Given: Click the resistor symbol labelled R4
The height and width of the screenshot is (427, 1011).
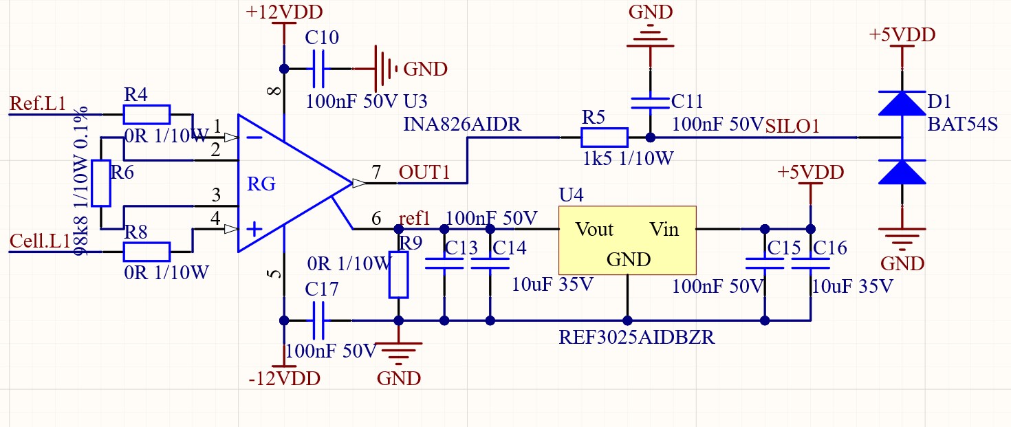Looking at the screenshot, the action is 146,115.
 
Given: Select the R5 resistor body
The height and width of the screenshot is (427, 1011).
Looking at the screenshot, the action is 605,138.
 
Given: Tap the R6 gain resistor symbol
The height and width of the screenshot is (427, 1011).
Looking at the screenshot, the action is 101,184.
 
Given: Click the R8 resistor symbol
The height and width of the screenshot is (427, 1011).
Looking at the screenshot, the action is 146,252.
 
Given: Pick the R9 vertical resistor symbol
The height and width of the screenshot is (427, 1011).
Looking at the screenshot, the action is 398,275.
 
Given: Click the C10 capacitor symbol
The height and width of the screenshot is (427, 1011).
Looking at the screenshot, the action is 318,69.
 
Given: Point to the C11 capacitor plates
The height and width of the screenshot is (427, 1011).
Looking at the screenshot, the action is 650,103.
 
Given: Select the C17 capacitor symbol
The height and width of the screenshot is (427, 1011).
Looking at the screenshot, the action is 318,320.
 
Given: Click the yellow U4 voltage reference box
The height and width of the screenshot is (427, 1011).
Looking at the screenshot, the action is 627,240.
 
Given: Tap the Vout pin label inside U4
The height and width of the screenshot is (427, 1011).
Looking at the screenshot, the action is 594,229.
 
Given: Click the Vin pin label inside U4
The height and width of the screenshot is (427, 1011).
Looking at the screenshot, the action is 664,229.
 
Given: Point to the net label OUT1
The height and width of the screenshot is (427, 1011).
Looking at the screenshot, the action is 424,172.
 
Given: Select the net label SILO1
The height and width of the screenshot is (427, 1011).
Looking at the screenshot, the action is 792,126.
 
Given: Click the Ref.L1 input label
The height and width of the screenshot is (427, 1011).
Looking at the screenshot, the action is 38,103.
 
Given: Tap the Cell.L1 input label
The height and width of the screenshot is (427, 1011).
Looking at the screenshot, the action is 40,241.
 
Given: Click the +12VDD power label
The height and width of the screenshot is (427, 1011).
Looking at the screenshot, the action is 284,12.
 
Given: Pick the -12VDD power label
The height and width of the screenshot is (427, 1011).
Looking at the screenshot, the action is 284,378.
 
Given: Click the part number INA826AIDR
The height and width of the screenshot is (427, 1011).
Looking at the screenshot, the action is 462,124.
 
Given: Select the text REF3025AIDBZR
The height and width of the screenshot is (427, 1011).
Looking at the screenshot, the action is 637,337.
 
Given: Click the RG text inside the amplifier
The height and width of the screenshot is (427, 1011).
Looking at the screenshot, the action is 261,184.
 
